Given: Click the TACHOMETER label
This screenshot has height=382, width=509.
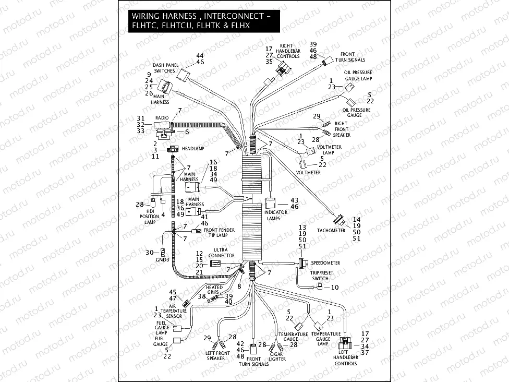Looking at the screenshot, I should pyautogui.click(x=331, y=230).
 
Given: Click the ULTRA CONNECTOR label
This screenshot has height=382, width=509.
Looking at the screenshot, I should pyautogui.click(x=222, y=253).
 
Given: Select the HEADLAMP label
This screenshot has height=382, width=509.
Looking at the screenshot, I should pyautogui.click(x=192, y=149).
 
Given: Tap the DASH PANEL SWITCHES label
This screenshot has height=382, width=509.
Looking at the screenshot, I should pyautogui.click(x=165, y=68).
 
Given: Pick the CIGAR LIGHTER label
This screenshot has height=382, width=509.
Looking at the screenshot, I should pyautogui.click(x=277, y=356).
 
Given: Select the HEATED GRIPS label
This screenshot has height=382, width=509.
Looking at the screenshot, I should pyautogui.click(x=214, y=290).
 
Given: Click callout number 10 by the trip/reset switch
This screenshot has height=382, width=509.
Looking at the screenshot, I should pyautogui.click(x=335, y=287).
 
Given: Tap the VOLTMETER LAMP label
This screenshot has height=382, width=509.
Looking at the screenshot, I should pyautogui.click(x=329, y=150).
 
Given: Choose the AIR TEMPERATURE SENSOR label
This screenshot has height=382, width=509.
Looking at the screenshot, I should pyautogui.click(x=174, y=311).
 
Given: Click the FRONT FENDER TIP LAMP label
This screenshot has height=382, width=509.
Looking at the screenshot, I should pyautogui.click(x=219, y=233).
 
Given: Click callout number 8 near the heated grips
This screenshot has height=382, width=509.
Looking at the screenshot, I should pyautogui.click(x=239, y=286).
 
